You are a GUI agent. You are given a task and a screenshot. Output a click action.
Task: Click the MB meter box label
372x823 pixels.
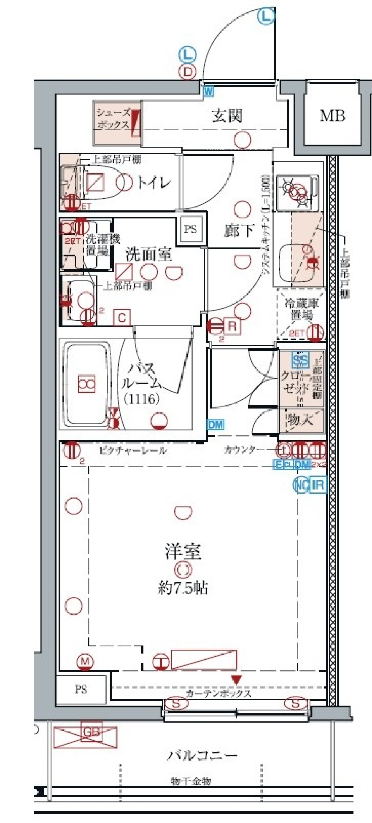(332, 116)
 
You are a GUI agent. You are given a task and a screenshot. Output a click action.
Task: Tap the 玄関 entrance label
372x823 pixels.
(227, 116)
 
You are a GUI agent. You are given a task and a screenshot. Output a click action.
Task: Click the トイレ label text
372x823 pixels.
(154, 182)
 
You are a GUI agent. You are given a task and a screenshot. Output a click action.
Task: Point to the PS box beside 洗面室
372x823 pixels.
(190, 229)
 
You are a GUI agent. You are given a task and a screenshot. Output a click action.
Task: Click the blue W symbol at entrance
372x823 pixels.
(208, 92)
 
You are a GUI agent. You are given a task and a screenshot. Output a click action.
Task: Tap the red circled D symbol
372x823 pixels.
(188, 71)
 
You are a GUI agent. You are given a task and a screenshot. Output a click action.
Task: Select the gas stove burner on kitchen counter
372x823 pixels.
(297, 191)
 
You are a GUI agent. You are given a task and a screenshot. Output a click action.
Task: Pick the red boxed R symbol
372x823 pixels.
(232, 326)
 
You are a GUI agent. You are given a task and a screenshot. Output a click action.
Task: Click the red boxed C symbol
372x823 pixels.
(122, 318)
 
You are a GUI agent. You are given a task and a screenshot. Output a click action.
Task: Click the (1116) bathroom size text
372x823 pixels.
(141, 399)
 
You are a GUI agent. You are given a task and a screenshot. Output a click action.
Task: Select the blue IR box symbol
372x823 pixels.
(318, 484)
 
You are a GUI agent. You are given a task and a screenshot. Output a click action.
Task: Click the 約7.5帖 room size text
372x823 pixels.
(183, 588)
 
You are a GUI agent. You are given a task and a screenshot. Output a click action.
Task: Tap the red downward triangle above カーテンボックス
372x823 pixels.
(236, 679)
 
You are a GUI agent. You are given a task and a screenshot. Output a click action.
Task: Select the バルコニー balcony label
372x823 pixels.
(202, 755)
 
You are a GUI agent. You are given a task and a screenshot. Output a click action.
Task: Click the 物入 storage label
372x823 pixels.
(301, 420)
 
